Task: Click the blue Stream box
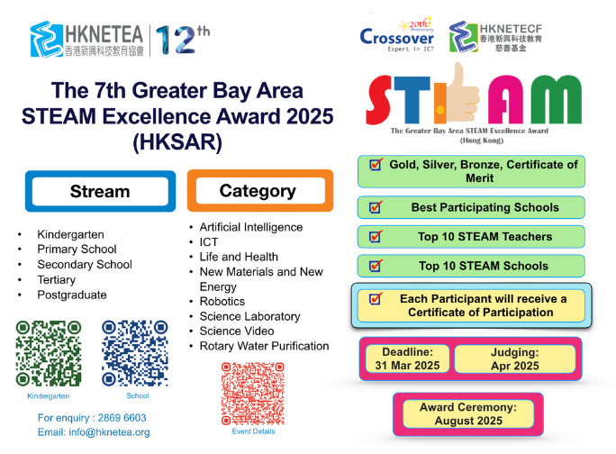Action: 100,192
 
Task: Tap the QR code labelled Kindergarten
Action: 49,353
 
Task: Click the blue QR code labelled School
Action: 135,353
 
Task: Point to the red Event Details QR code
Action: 253,394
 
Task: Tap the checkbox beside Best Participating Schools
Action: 375,208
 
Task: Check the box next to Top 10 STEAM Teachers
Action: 375,238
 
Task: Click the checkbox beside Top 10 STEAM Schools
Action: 375,267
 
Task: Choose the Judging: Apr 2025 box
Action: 514,359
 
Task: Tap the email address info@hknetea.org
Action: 94,432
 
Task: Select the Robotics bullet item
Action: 222,301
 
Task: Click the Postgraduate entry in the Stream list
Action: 72,295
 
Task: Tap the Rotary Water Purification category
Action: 264,346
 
